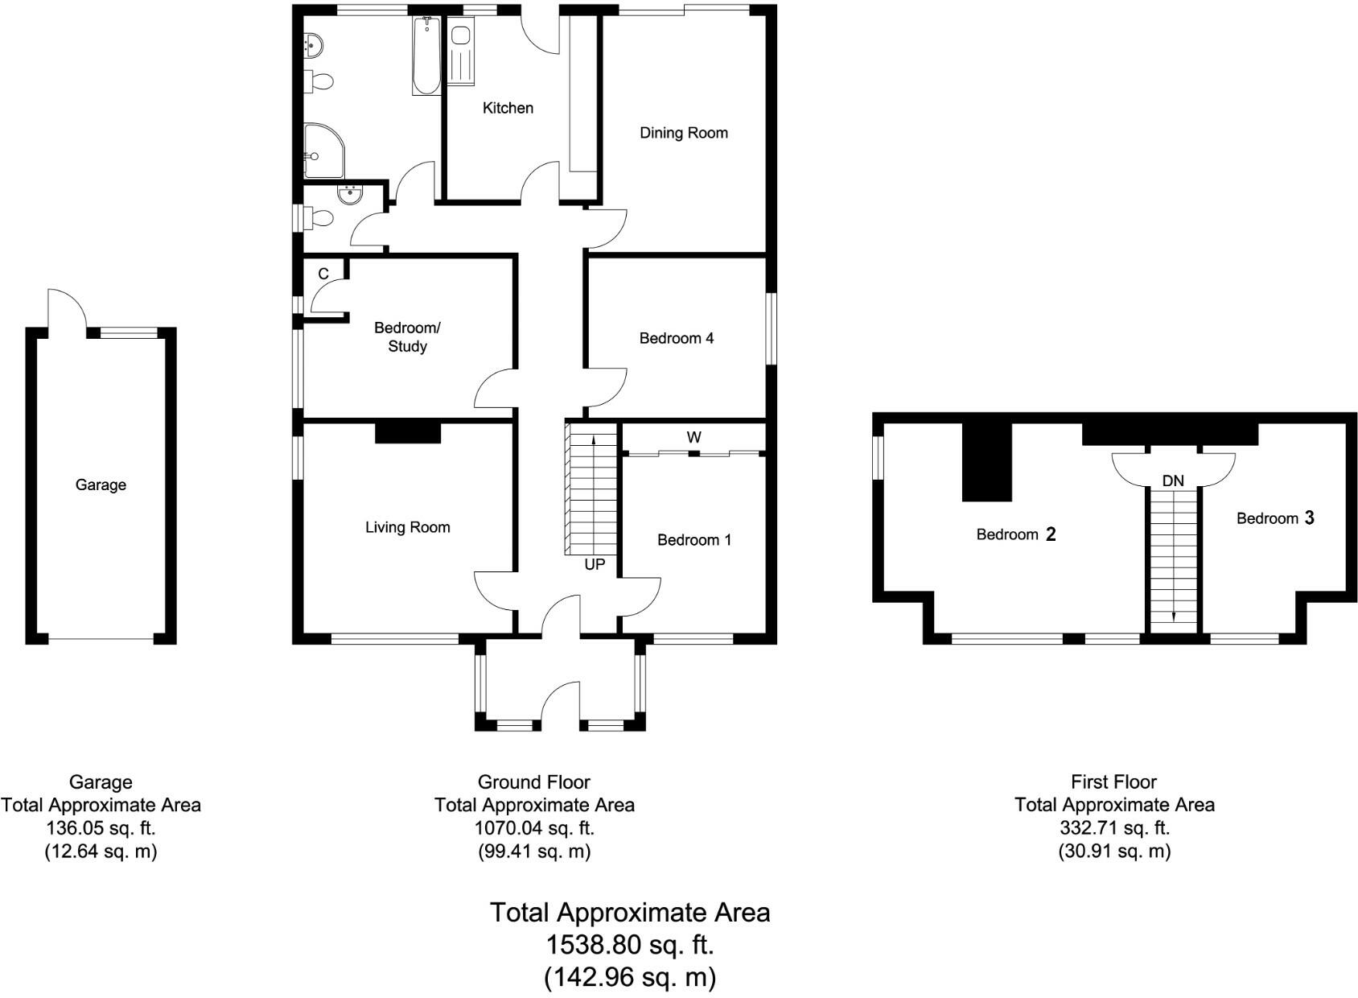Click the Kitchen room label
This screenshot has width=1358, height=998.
pyautogui.click(x=508, y=108)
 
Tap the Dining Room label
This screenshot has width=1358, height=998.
pyautogui.click(x=683, y=133)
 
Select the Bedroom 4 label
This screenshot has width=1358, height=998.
pyautogui.click(x=676, y=338)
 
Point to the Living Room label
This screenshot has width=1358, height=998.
pyautogui.click(x=407, y=527)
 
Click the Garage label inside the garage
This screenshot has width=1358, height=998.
pyautogui.click(x=101, y=485)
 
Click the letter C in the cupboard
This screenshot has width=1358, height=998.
pyautogui.click(x=323, y=274)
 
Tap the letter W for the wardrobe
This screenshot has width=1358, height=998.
pyautogui.click(x=693, y=437)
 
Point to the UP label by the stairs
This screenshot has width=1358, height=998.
pyautogui.click(x=595, y=564)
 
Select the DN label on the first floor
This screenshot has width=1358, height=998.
pyautogui.click(x=1173, y=480)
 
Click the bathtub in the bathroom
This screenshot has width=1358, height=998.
pyautogui.click(x=426, y=56)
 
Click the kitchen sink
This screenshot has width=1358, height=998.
pyautogui.click(x=461, y=36)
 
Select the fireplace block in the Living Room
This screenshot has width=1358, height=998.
pyautogui.click(x=408, y=432)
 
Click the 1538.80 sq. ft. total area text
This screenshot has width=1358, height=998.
pyautogui.click(x=630, y=944)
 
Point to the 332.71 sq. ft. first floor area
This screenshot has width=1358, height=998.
pyautogui.click(x=1113, y=827)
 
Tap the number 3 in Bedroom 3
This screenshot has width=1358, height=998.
pyautogui.click(x=1309, y=518)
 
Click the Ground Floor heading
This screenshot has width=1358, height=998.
pyautogui.click(x=534, y=781)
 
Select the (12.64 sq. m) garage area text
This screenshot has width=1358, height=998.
pyautogui.click(x=101, y=851)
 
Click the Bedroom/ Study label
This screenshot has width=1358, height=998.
pyautogui.click(x=407, y=337)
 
